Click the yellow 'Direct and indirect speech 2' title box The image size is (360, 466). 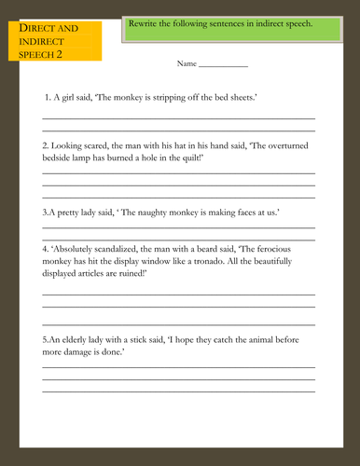(x=60, y=42)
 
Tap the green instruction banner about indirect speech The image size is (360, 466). (x=233, y=31)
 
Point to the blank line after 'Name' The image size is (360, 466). (x=223, y=67)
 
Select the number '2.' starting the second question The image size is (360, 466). (x=47, y=146)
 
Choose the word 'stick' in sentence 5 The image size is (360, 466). (x=151, y=340)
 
